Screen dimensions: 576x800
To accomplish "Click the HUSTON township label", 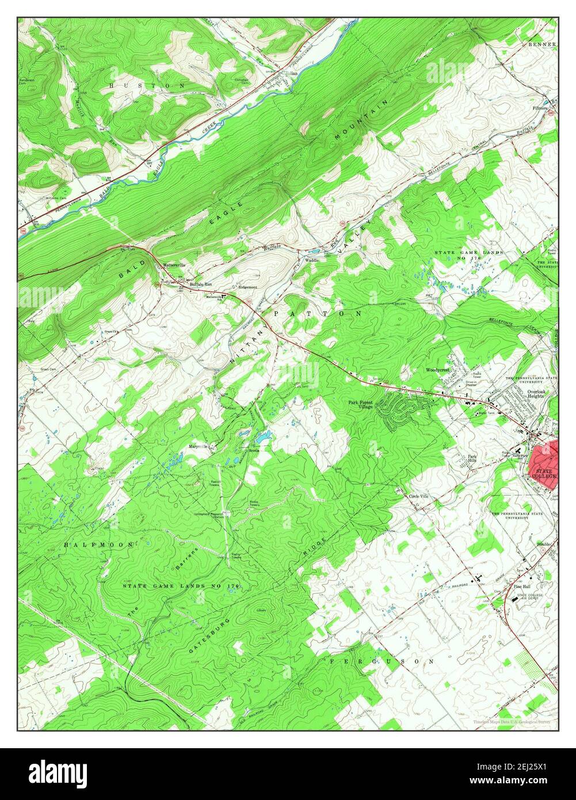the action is (x=147, y=85).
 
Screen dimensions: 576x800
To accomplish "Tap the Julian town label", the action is (x=292, y=74).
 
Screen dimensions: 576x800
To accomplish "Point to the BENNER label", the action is (x=542, y=44).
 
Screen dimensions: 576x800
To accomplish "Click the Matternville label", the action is (x=174, y=265).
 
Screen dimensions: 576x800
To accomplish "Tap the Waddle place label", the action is (x=312, y=260).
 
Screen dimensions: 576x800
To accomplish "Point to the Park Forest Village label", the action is (x=361, y=405).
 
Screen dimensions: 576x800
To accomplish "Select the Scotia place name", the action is (x=254, y=450).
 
